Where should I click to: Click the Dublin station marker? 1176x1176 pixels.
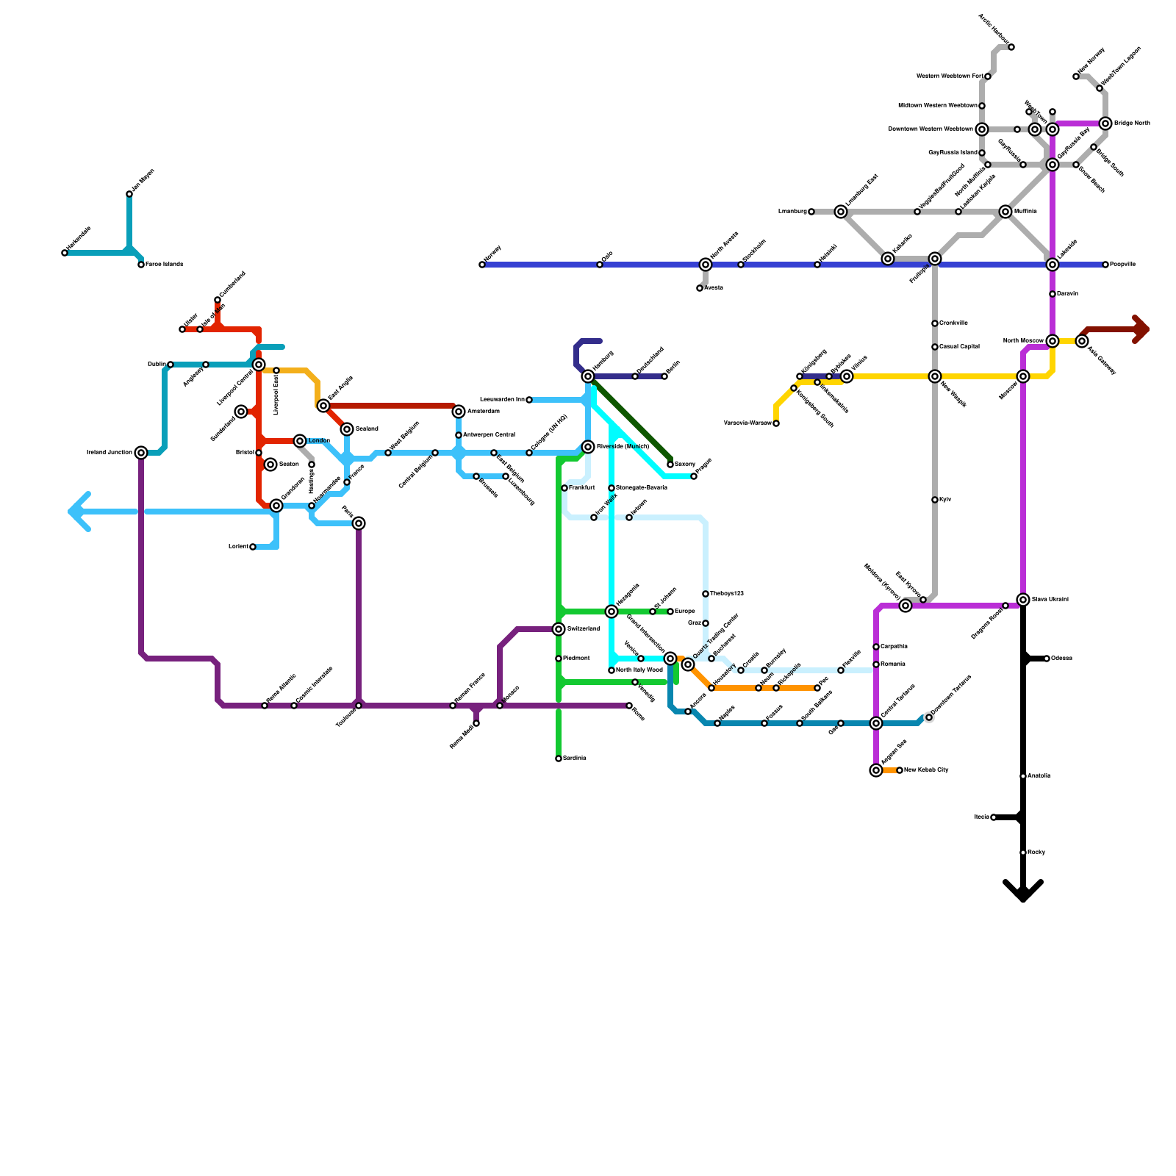[x=171, y=365]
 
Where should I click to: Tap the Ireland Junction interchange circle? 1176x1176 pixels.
[x=141, y=453]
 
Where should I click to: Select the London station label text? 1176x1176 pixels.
[x=319, y=441]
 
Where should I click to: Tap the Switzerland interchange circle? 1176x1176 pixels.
[x=559, y=629]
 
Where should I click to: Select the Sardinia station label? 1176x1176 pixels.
[x=575, y=759]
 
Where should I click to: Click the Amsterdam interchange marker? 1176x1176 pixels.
[x=459, y=412]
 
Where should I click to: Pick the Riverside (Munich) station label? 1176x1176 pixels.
[x=623, y=447]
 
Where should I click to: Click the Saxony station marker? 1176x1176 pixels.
[x=670, y=465]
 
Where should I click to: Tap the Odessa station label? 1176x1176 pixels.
[x=1061, y=659]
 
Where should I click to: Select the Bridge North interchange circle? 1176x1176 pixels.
[x=1105, y=123]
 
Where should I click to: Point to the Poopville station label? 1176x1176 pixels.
[x=1123, y=265]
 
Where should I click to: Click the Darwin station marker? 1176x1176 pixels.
[x=1053, y=294]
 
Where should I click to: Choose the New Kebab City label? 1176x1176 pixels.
[x=926, y=770]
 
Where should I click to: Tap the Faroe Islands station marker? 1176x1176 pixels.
[x=141, y=265]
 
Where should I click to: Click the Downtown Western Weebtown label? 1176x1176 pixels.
[x=931, y=129]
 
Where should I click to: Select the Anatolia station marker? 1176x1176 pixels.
[x=1023, y=776]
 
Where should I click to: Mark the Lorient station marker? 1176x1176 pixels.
[x=253, y=547]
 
